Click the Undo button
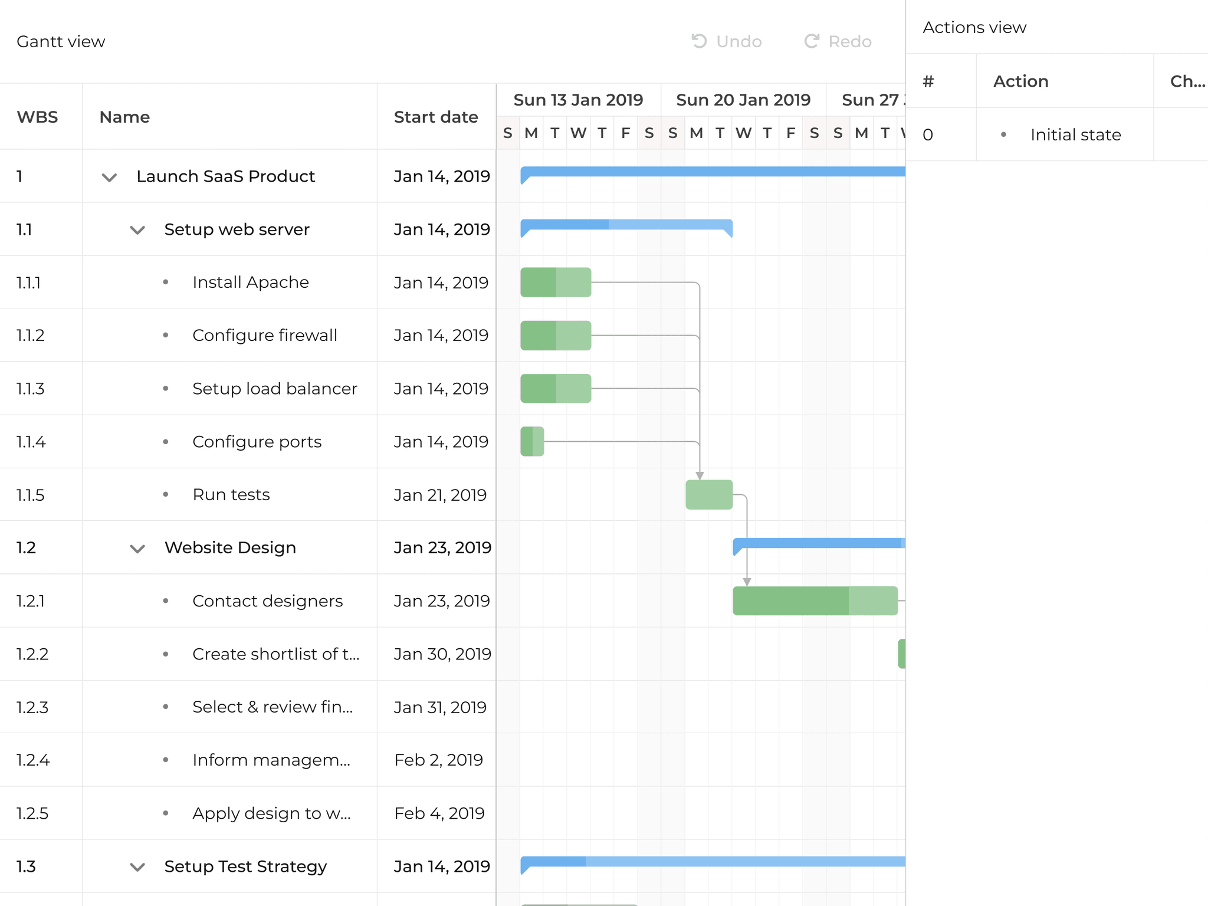(727, 41)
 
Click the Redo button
(838, 41)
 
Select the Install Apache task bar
(556, 283)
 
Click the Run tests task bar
(709, 495)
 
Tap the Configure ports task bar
(532, 442)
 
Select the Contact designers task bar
(815, 601)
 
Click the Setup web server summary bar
(626, 225)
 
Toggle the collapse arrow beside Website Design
(137, 549)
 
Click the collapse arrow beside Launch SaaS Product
(109, 177)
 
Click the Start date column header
(435, 117)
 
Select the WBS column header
(37, 117)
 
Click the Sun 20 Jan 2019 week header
(743, 100)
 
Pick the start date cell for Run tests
(440, 495)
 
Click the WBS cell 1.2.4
(33, 760)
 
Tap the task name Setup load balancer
(274, 389)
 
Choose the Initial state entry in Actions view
(1075, 134)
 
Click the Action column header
(1020, 81)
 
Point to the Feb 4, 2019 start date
(439, 813)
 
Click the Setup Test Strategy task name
(245, 866)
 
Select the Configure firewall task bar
(556, 336)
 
